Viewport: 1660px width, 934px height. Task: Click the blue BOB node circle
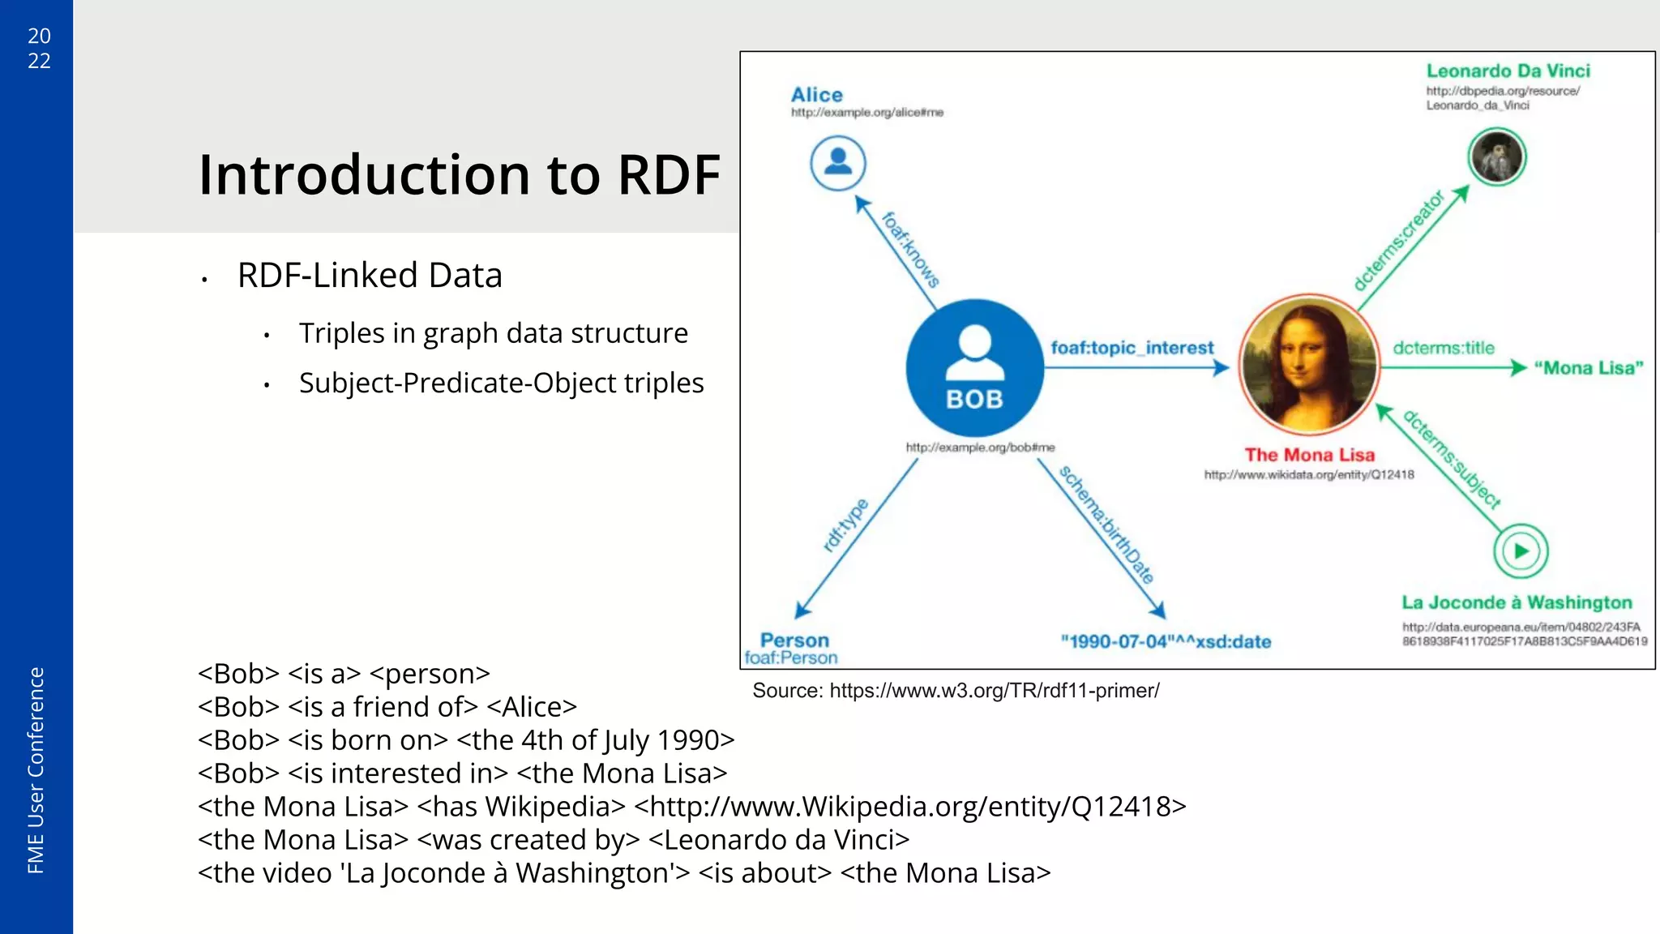click(974, 368)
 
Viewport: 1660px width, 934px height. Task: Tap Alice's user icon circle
click(838, 163)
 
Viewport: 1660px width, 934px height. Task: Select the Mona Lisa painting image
click(1309, 364)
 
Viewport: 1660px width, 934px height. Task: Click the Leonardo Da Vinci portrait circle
click(1497, 156)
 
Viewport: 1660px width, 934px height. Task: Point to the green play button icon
click(1521, 551)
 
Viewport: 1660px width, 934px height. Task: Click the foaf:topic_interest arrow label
click(1132, 348)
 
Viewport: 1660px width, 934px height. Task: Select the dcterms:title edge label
click(1444, 348)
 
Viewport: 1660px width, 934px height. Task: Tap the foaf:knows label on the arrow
click(910, 249)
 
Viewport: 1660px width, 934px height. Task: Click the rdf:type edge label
click(845, 525)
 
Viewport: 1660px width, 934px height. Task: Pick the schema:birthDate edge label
click(1106, 525)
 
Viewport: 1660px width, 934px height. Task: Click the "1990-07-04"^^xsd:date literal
click(1166, 642)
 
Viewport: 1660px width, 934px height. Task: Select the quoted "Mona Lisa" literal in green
click(1589, 368)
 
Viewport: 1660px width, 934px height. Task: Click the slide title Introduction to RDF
click(459, 174)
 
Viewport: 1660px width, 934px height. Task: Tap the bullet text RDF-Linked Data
click(370, 276)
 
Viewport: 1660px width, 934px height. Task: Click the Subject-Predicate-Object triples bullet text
click(501, 383)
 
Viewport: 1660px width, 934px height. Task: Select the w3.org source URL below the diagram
click(994, 691)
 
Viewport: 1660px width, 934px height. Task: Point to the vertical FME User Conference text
click(36, 770)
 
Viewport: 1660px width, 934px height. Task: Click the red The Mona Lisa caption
click(1309, 455)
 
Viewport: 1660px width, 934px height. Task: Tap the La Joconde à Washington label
click(1517, 602)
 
